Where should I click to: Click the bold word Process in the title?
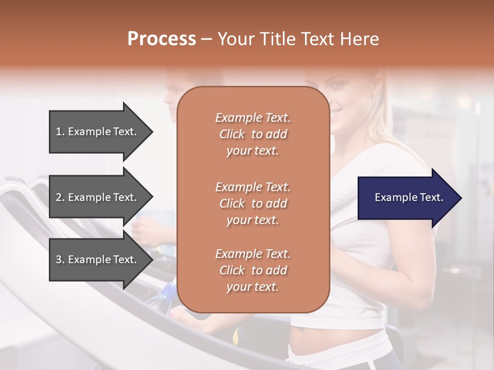[162, 39]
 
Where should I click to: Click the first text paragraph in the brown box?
[253, 134]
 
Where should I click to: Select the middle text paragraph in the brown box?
[253, 203]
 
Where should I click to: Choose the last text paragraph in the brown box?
[253, 270]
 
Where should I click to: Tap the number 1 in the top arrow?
[59, 132]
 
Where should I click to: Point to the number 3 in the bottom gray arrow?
[59, 260]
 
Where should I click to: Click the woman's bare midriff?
[329, 342]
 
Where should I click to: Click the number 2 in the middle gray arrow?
[59, 197]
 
